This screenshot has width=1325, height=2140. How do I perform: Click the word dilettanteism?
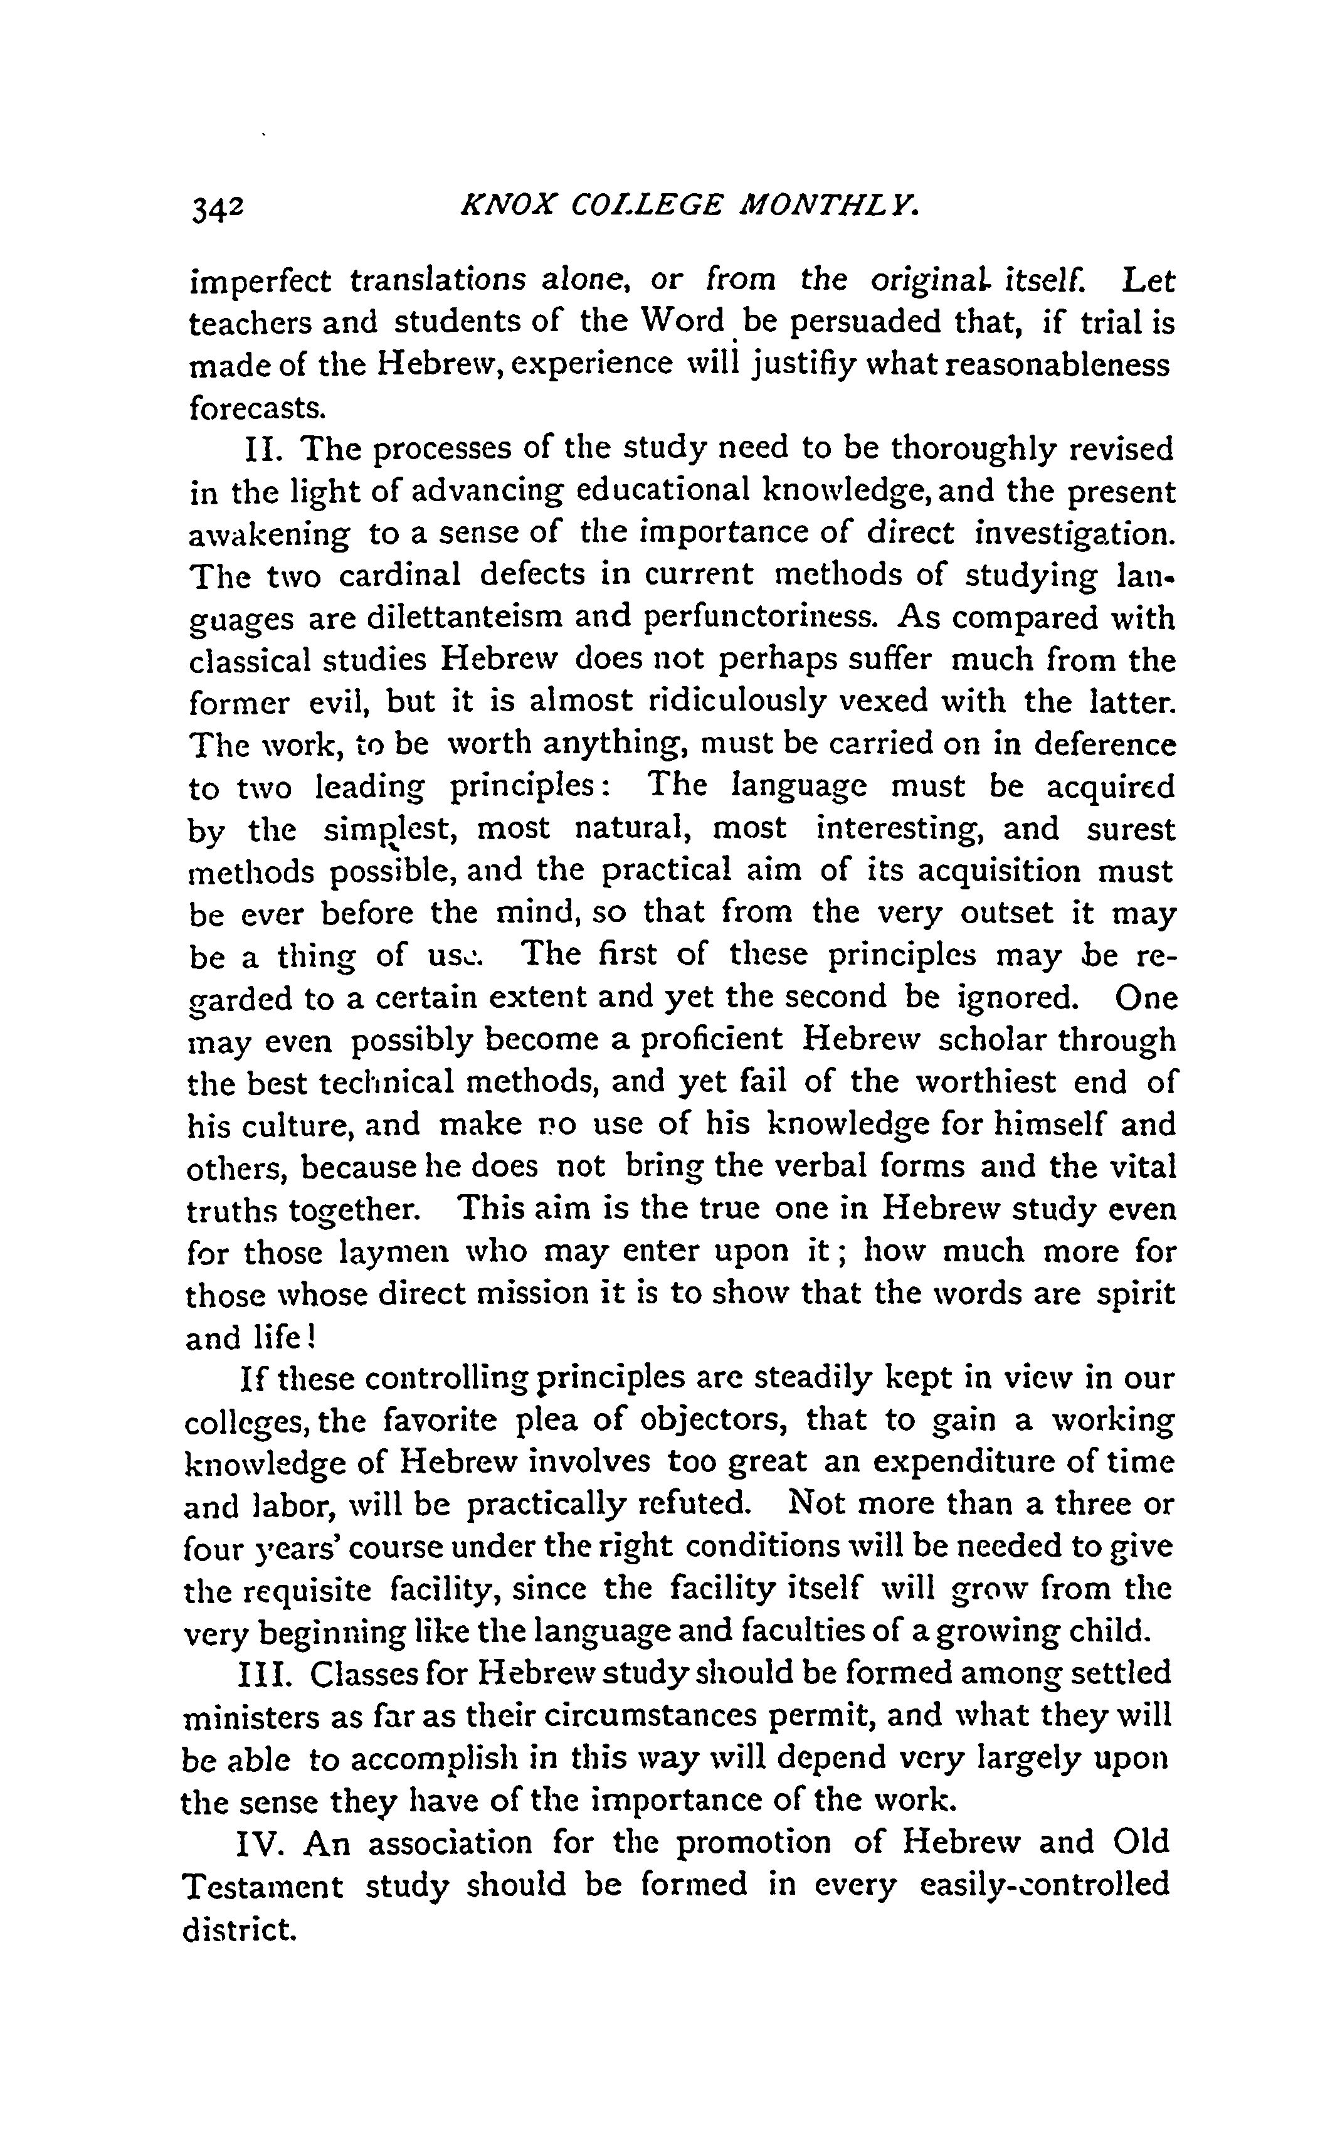pos(465,618)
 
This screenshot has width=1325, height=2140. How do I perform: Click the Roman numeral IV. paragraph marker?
pos(260,1843)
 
